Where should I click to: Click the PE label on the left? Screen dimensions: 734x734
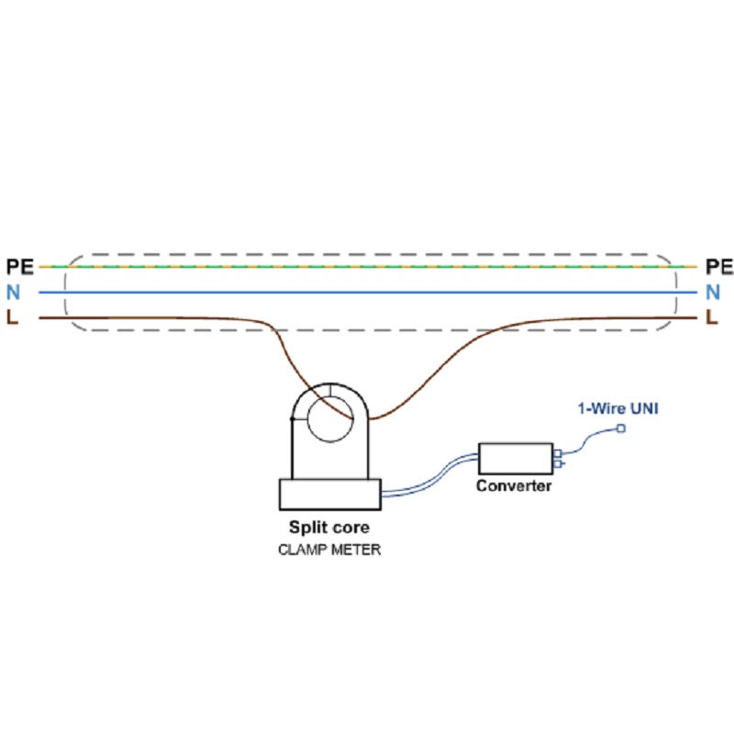[x=20, y=267]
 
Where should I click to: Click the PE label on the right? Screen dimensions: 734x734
[x=719, y=267]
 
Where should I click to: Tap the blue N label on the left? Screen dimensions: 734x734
[x=14, y=293]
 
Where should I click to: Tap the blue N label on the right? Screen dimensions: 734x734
[x=713, y=293]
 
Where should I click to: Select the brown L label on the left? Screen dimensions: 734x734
[x=13, y=318]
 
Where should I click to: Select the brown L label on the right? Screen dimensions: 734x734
[x=711, y=318]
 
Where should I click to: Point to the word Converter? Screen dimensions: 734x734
[x=514, y=486]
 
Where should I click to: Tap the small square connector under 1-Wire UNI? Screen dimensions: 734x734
[x=621, y=429]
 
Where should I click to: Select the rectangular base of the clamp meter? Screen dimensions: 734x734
[x=329, y=495]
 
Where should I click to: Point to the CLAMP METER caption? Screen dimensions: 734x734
[x=329, y=550]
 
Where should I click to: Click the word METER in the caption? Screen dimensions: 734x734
[x=354, y=550]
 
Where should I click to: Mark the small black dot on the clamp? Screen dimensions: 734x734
[x=292, y=419]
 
